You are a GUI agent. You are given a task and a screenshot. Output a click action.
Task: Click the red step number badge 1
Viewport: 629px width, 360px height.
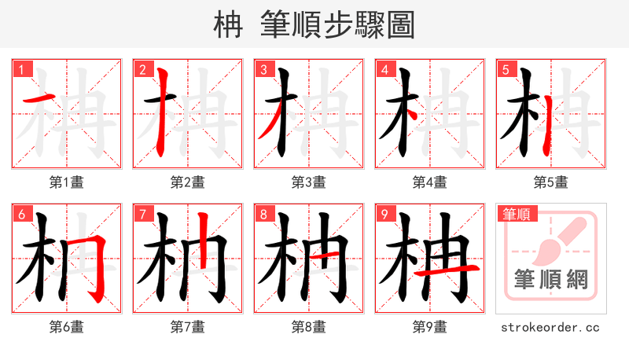(21, 69)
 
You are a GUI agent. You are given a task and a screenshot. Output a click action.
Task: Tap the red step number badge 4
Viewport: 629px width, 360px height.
(384, 69)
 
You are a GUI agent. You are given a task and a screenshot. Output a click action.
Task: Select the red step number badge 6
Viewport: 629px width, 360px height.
(21, 214)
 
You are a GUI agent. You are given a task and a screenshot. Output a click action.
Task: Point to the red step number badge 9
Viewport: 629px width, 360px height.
(384, 214)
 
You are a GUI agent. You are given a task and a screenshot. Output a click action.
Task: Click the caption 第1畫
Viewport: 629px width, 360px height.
(67, 182)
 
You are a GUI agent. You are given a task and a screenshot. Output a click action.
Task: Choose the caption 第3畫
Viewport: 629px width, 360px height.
(309, 182)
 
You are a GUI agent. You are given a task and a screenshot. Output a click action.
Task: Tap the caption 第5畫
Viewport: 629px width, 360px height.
(551, 182)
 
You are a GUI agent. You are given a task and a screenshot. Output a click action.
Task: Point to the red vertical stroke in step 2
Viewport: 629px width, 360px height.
(163, 110)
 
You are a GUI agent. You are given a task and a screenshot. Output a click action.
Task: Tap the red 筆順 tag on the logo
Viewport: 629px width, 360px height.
(515, 213)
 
